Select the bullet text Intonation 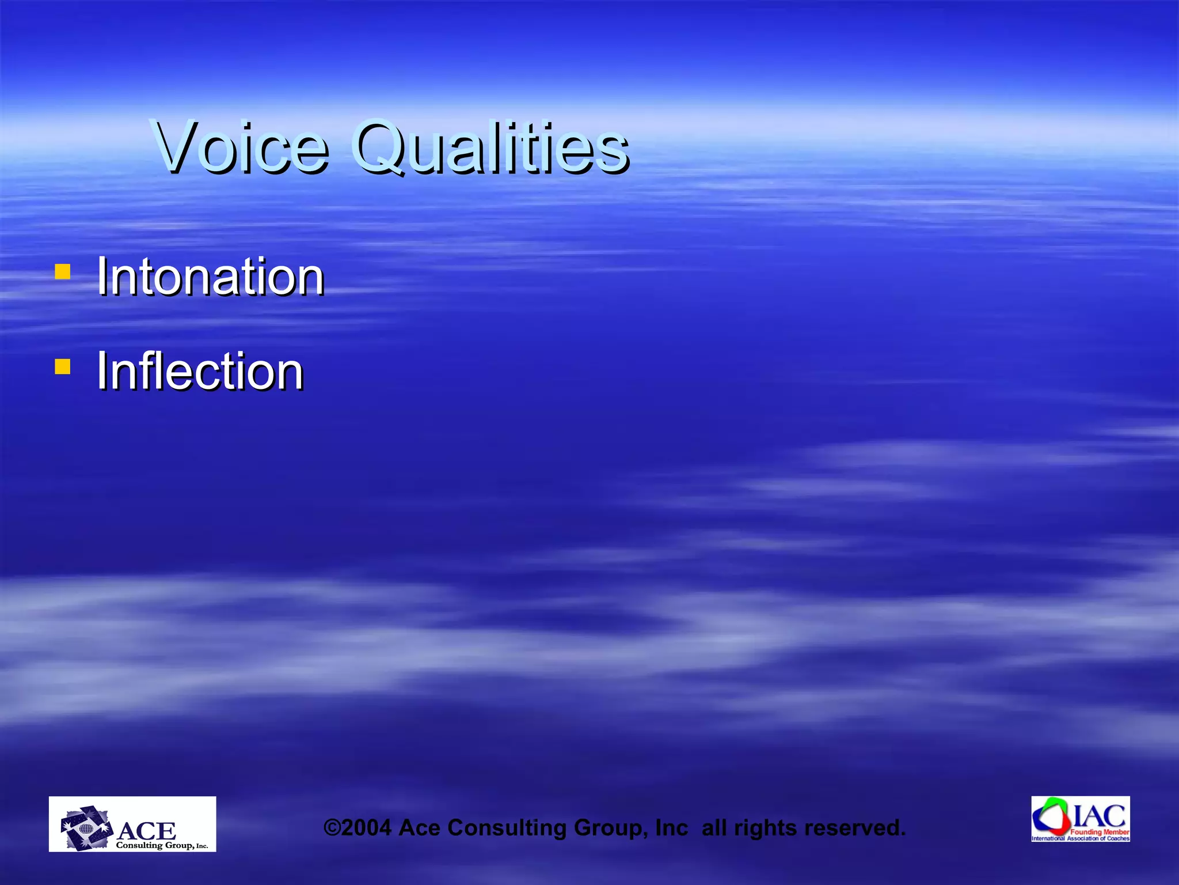[x=210, y=277]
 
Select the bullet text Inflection [x=200, y=372]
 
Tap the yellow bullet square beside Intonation [x=62, y=271]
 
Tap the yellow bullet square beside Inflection [x=62, y=366]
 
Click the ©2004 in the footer [x=357, y=828]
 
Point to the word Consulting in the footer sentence [x=507, y=828]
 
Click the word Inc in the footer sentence [x=671, y=828]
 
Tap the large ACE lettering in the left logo [x=147, y=831]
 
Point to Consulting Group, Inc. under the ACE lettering [x=162, y=845]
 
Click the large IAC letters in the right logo [x=1100, y=816]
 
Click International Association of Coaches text [x=1080, y=838]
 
